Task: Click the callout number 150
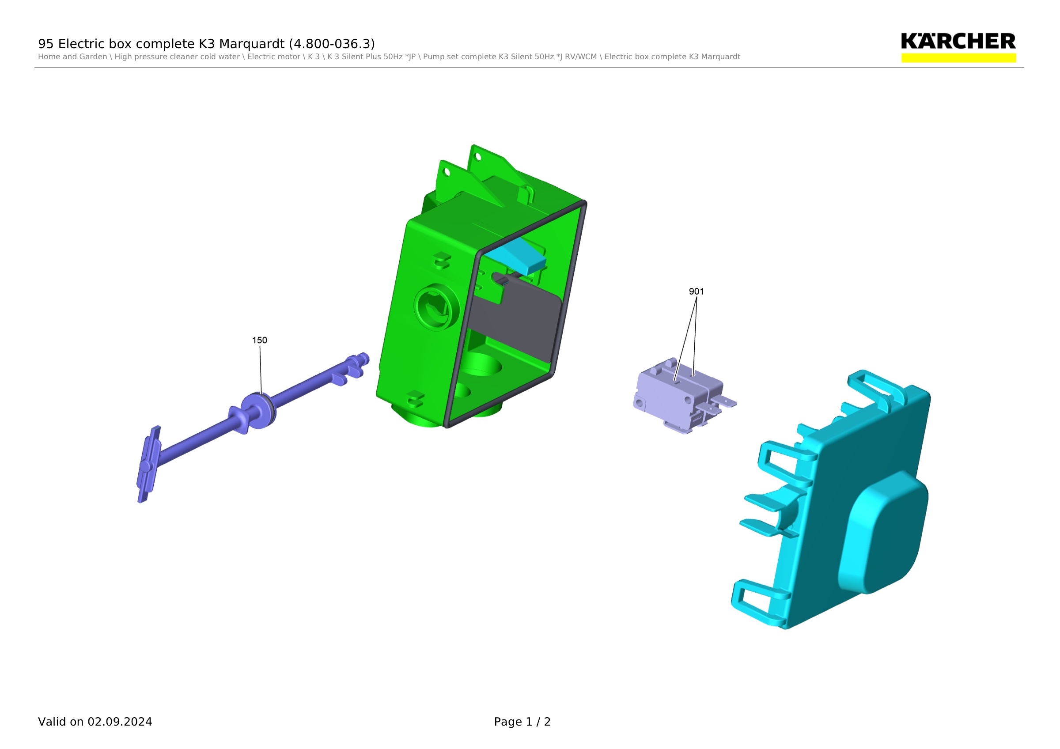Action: coord(259,340)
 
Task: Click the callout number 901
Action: coord(696,291)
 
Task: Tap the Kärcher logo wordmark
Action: coord(958,41)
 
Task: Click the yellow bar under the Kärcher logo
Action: coord(958,58)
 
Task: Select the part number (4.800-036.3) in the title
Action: coord(332,44)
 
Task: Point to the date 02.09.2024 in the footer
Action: coord(120,722)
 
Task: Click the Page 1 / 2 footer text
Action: coord(522,722)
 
